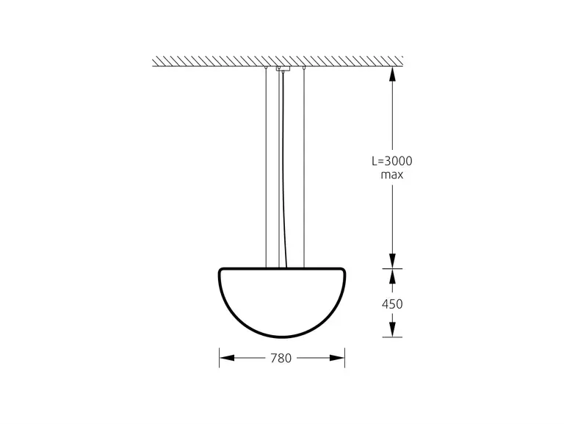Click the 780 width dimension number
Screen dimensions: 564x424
coord(281,358)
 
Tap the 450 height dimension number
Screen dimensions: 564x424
coord(392,304)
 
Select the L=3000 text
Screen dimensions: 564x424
coord(392,161)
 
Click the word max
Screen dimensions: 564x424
coord(392,176)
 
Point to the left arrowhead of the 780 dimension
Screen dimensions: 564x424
coord(227,358)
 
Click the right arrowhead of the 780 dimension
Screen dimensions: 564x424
coord(337,358)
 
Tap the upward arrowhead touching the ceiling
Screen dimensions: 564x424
coord(392,74)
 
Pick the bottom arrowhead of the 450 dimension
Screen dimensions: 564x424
coord(392,329)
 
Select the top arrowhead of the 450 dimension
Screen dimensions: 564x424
coord(392,276)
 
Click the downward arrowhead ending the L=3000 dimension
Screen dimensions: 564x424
coord(392,261)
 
